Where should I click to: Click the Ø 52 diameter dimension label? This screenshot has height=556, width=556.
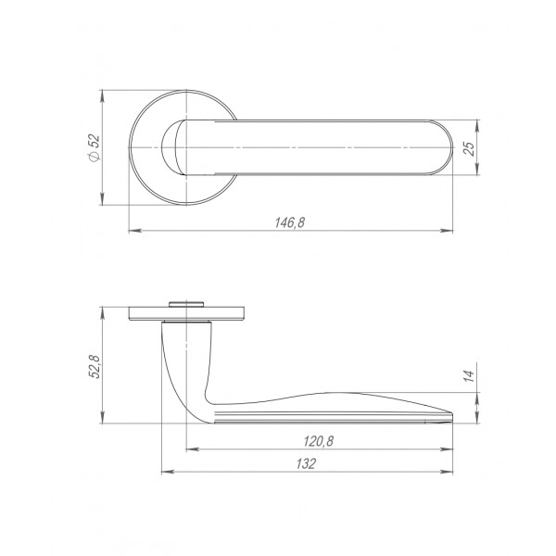[x=95, y=148]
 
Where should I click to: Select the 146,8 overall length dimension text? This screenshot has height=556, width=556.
[x=290, y=222]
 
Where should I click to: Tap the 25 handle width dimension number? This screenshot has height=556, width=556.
[x=469, y=148]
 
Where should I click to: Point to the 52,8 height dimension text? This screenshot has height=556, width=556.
[x=95, y=366]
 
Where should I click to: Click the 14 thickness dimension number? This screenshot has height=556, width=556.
[x=469, y=375]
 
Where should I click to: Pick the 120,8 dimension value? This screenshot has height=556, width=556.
[x=319, y=441]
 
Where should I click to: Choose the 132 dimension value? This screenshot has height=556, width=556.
[x=306, y=464]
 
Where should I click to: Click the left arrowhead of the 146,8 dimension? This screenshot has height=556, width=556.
[x=135, y=231]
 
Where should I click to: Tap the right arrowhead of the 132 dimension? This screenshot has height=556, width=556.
[x=447, y=473]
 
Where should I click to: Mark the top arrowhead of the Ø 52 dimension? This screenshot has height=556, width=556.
[x=103, y=96]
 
